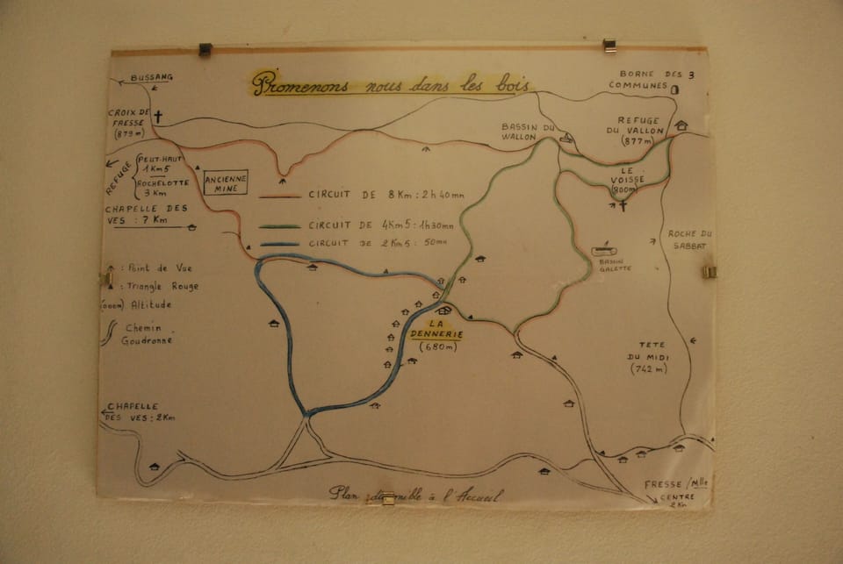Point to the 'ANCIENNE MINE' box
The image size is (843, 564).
226,182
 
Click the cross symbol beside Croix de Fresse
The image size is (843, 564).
158,116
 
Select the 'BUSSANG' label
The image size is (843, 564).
152,77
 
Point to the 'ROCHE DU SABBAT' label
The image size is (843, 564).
690,239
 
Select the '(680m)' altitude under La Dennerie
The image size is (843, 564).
437,346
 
